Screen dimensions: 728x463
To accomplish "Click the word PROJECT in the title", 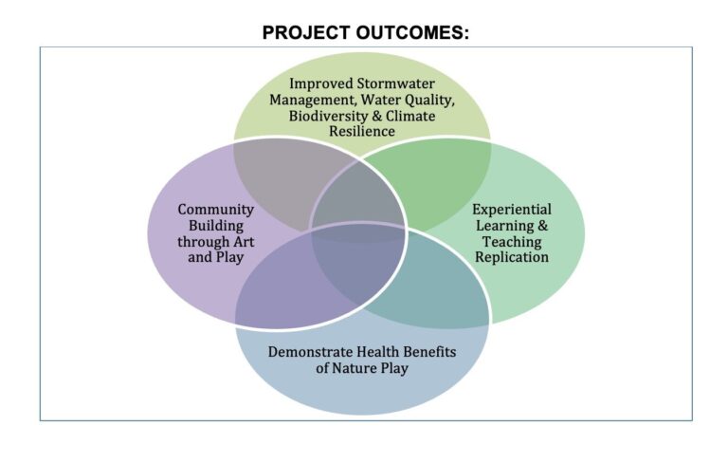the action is tap(306, 33).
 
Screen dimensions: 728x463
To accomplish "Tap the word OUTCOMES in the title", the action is tap(412, 33).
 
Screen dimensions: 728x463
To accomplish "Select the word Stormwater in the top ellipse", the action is tap(395, 83).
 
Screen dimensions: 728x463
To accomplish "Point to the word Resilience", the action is tap(362, 131).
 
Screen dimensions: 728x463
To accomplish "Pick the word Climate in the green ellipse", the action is tap(410, 116).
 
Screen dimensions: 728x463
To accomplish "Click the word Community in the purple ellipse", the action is tap(215, 210).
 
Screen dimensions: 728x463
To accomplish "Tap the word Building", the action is tap(216, 226).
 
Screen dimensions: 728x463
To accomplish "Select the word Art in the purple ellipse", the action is tap(244, 242).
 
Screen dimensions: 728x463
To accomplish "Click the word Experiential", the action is tap(512, 210).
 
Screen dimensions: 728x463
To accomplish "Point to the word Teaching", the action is tap(512, 242).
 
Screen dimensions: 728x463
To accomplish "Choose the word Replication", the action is tap(512, 257).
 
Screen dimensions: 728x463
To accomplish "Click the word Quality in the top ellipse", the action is tap(428, 100).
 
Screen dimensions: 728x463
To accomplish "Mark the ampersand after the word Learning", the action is tap(542, 226).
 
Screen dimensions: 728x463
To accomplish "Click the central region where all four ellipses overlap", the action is tap(358, 228).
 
